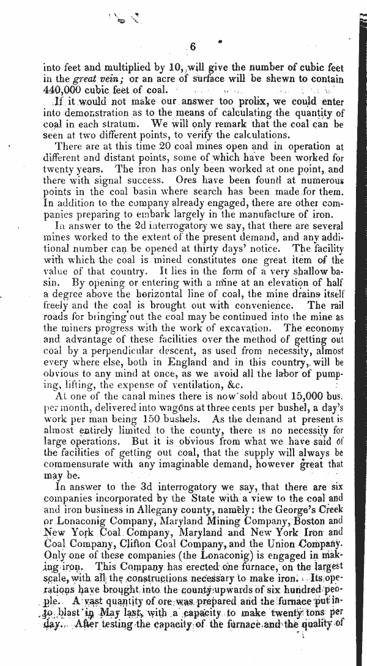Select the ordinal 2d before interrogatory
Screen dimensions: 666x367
(130, 226)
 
